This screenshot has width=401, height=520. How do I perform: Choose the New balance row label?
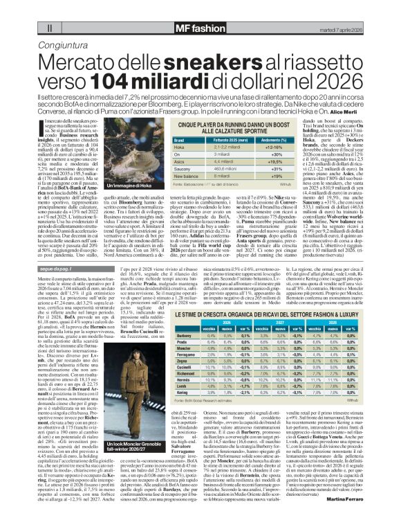point(183,176)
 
